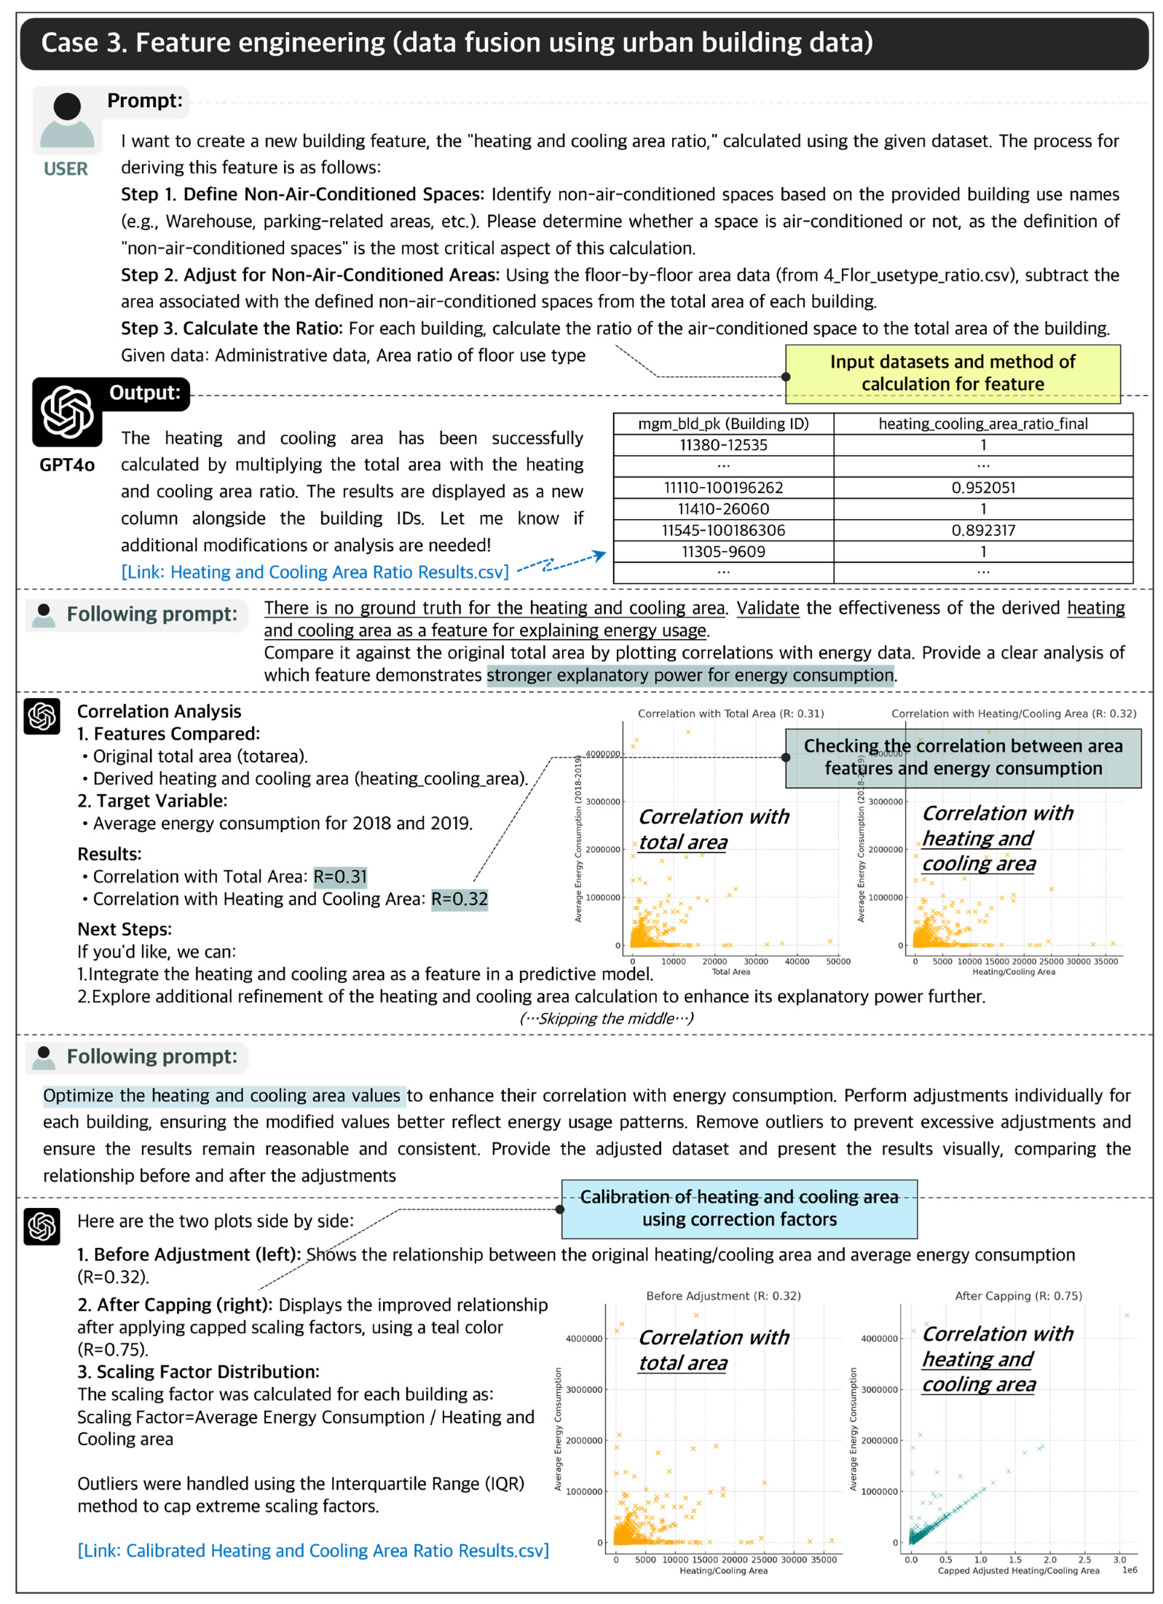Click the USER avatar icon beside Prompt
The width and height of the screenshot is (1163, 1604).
coord(66,119)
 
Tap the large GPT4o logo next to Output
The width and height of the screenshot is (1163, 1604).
coord(66,412)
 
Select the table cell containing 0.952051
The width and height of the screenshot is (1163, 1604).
coord(982,487)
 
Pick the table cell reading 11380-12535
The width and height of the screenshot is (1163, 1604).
coord(722,445)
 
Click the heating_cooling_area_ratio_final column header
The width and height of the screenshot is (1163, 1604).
coord(982,424)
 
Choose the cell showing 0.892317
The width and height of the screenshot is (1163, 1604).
coord(982,530)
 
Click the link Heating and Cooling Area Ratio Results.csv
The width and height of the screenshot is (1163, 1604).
coord(315,572)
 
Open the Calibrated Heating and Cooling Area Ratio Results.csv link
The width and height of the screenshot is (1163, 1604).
coord(313,1550)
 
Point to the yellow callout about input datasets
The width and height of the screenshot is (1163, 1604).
coord(951,373)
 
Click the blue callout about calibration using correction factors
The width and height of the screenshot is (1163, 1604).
coord(738,1208)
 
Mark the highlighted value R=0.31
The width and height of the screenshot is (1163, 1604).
coord(339,876)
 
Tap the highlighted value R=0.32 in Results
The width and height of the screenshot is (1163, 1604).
coord(459,898)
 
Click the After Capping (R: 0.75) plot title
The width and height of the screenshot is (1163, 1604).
coord(1017,1295)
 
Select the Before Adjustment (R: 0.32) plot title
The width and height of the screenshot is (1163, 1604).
coord(722,1295)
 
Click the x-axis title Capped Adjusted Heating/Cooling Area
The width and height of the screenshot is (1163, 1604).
coord(1017,1570)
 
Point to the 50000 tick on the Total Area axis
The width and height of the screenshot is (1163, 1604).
coord(837,961)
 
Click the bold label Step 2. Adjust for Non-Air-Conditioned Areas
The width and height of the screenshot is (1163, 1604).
coord(310,275)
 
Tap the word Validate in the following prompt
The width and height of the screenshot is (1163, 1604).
coord(767,608)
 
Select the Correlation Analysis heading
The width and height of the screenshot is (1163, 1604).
coord(159,711)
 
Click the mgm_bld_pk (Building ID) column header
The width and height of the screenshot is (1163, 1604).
coord(722,424)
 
